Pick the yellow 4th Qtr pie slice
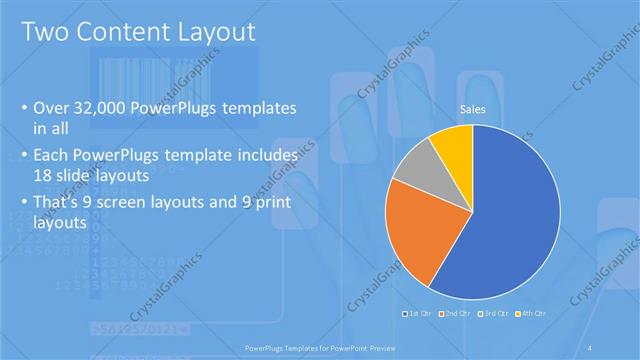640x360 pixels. (x=455, y=143)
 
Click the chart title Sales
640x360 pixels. (x=472, y=108)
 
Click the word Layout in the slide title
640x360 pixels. (x=206, y=32)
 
